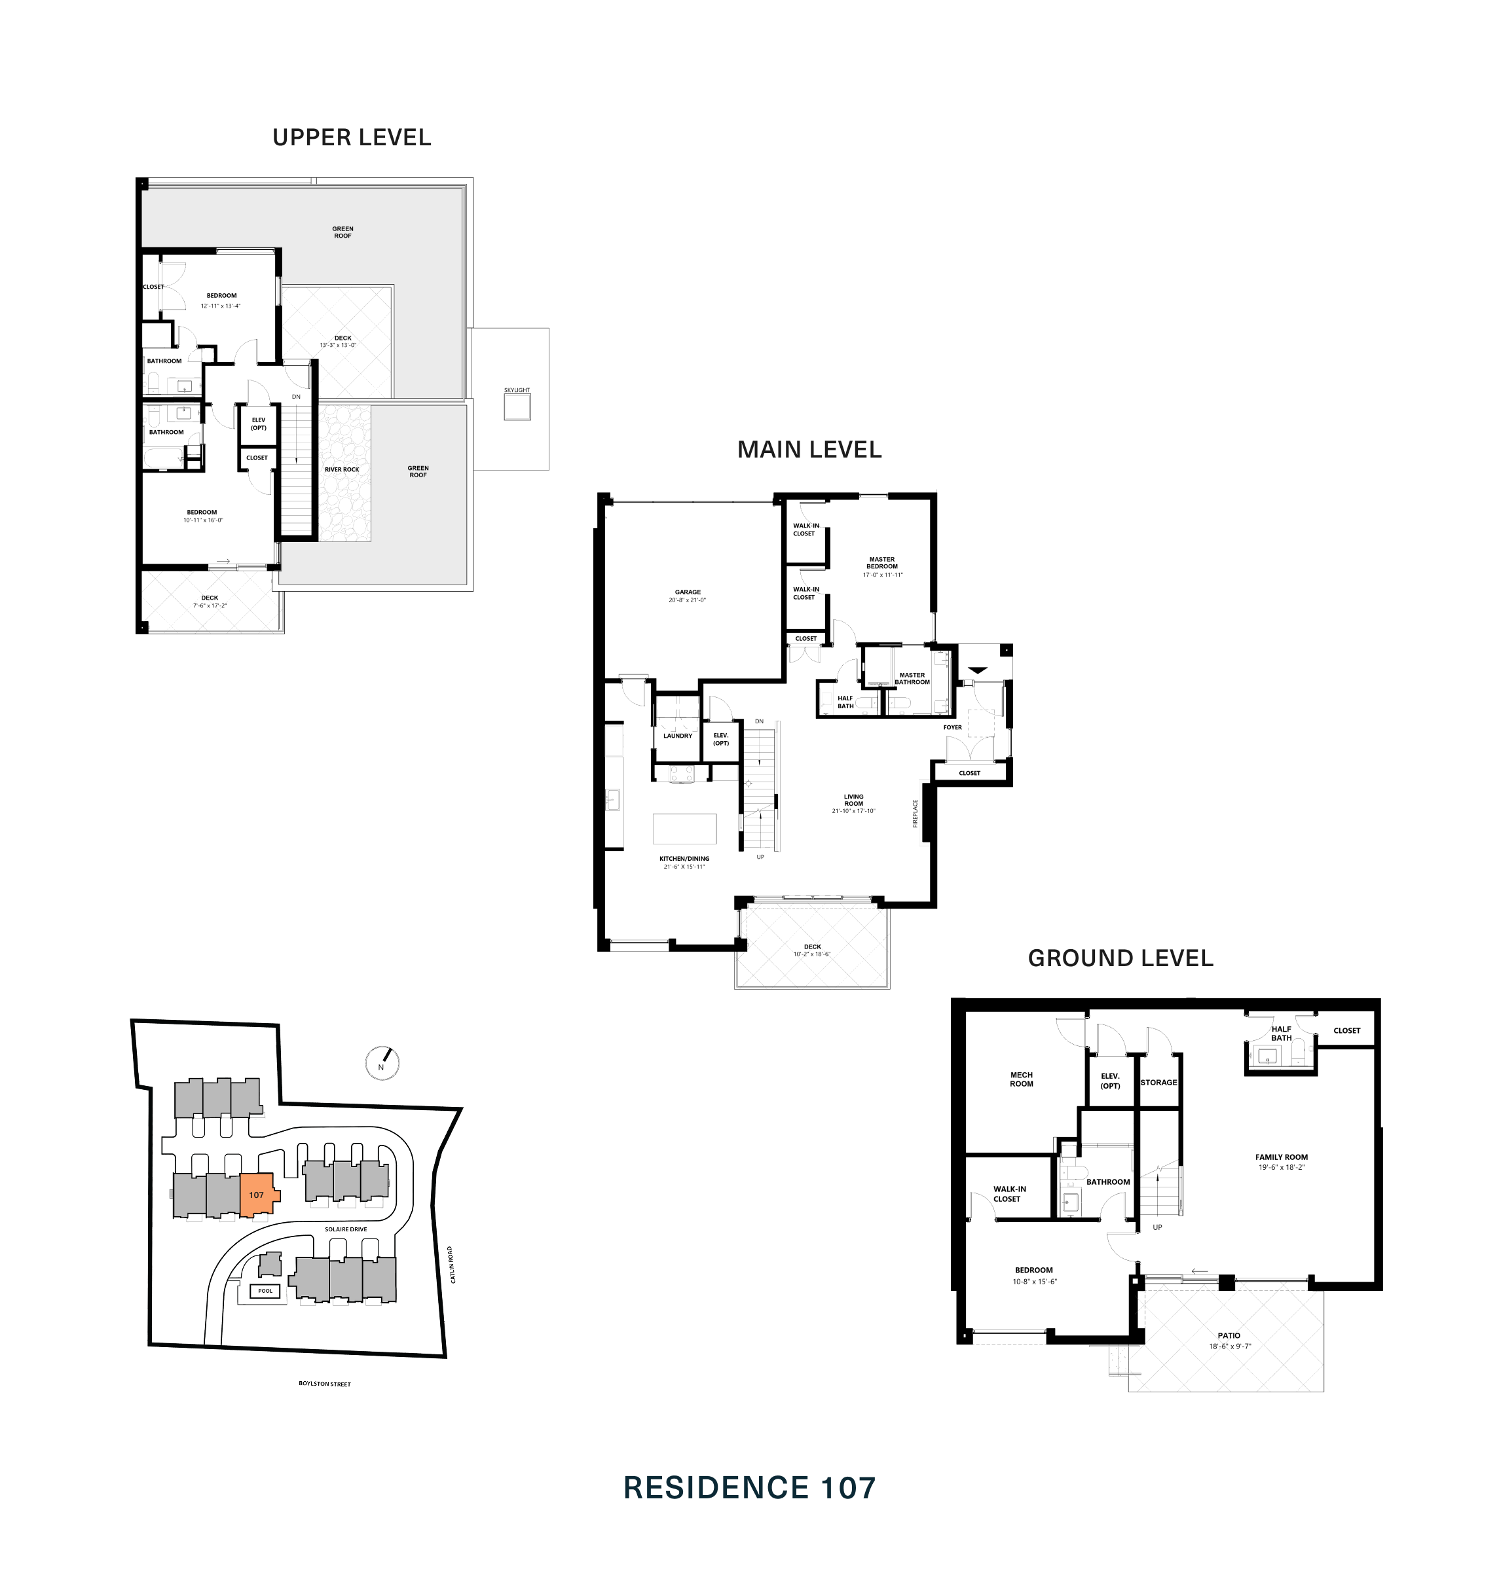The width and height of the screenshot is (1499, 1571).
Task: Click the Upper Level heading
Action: pyautogui.click(x=352, y=137)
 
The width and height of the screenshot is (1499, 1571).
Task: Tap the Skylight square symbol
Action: pyautogui.click(x=517, y=407)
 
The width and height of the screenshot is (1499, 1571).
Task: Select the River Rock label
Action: pyautogui.click(x=341, y=469)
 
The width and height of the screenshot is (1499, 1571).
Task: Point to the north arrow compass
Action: pyautogui.click(x=382, y=1063)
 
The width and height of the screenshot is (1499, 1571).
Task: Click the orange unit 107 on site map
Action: pyautogui.click(x=257, y=1195)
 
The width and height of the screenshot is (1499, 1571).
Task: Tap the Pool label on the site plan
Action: pyautogui.click(x=265, y=1291)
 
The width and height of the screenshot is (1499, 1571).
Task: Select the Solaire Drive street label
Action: pyautogui.click(x=345, y=1229)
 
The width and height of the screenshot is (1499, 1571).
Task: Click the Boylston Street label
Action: pyautogui.click(x=324, y=1384)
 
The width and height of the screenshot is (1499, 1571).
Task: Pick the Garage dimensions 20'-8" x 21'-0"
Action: pyautogui.click(x=687, y=600)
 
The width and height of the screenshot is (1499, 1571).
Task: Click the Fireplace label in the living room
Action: pyautogui.click(x=916, y=813)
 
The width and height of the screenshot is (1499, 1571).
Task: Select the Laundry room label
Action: pyautogui.click(x=678, y=736)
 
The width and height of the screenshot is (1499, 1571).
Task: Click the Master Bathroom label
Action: pyautogui.click(x=912, y=678)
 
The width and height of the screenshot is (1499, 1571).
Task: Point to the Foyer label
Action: pyautogui.click(x=952, y=728)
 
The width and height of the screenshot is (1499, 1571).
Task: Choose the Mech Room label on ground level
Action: pyautogui.click(x=1021, y=1079)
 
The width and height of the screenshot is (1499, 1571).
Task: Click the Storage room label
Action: pyautogui.click(x=1158, y=1082)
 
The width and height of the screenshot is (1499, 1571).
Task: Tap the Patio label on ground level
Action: pyautogui.click(x=1229, y=1335)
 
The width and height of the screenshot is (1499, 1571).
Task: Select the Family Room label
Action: pyautogui.click(x=1281, y=1157)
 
